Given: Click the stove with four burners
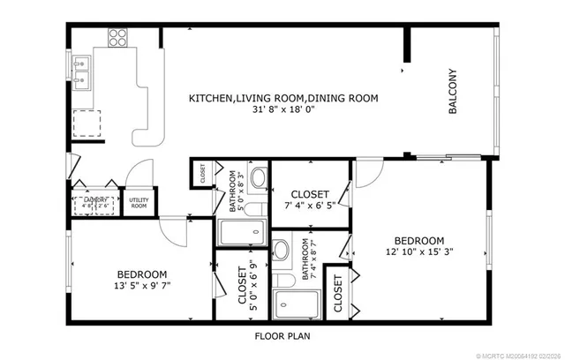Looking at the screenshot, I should point(117,37).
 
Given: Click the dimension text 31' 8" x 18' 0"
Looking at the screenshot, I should point(283,111).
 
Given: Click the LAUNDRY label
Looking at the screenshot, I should point(95,200).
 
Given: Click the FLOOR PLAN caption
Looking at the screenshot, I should point(282,335).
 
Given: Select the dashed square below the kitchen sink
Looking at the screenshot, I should point(87,124).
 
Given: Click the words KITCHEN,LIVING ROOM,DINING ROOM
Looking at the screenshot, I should point(283,99).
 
